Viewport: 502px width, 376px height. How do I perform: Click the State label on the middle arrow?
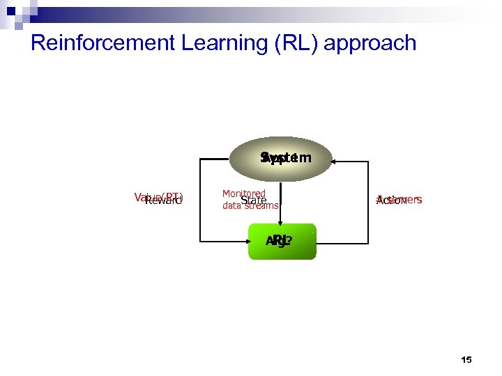pyautogui.click(x=253, y=201)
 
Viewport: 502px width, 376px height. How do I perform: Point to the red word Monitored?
pyautogui.click(x=243, y=193)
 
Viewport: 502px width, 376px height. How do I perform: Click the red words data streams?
pyautogui.click(x=250, y=206)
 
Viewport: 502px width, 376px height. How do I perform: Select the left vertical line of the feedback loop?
pyautogui.click(x=200, y=202)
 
